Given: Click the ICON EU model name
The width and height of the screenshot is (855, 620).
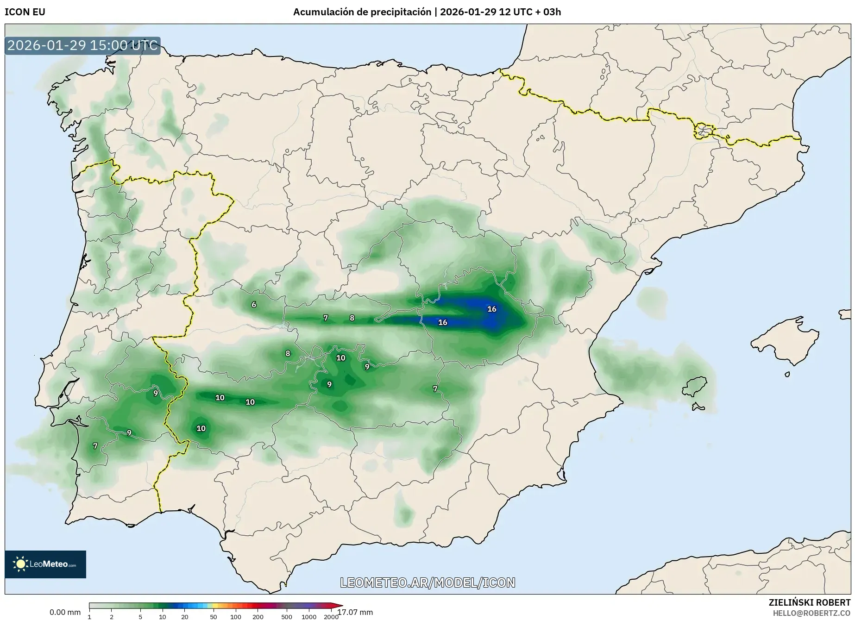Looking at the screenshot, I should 25,12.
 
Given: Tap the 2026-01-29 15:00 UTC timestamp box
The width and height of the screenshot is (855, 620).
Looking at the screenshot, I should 82,45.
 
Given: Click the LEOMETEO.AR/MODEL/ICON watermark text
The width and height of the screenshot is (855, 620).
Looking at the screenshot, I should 427,582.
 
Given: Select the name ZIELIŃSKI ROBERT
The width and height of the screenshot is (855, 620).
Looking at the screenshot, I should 810,602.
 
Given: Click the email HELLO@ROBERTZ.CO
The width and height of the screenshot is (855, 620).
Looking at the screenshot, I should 811,613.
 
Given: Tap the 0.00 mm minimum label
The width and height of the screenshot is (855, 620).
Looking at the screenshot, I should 65,612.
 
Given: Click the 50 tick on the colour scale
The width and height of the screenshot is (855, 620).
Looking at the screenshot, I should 214,616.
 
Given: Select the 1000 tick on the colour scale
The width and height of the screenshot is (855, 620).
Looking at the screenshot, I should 309,616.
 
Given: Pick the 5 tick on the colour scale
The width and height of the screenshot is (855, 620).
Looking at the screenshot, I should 140,616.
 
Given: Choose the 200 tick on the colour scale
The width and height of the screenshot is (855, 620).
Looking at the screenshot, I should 258,616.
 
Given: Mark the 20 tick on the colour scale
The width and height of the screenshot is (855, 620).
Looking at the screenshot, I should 185,616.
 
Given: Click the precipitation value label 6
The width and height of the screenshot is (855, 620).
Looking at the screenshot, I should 254,305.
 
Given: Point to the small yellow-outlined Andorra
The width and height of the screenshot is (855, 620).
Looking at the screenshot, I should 703,131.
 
